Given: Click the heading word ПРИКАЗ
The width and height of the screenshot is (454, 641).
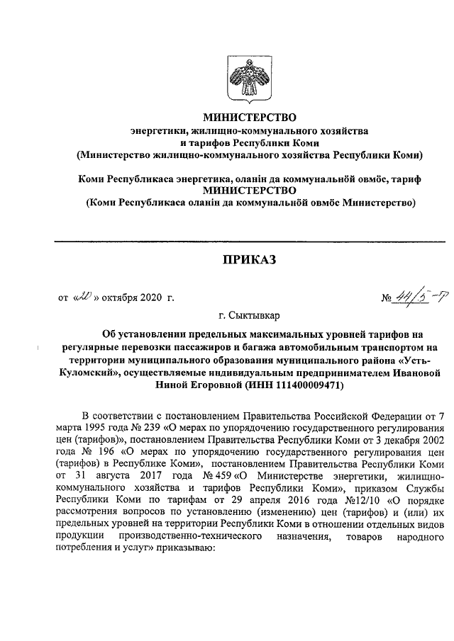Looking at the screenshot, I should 248,261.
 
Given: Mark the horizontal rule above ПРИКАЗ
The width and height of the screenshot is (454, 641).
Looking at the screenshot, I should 248,242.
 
